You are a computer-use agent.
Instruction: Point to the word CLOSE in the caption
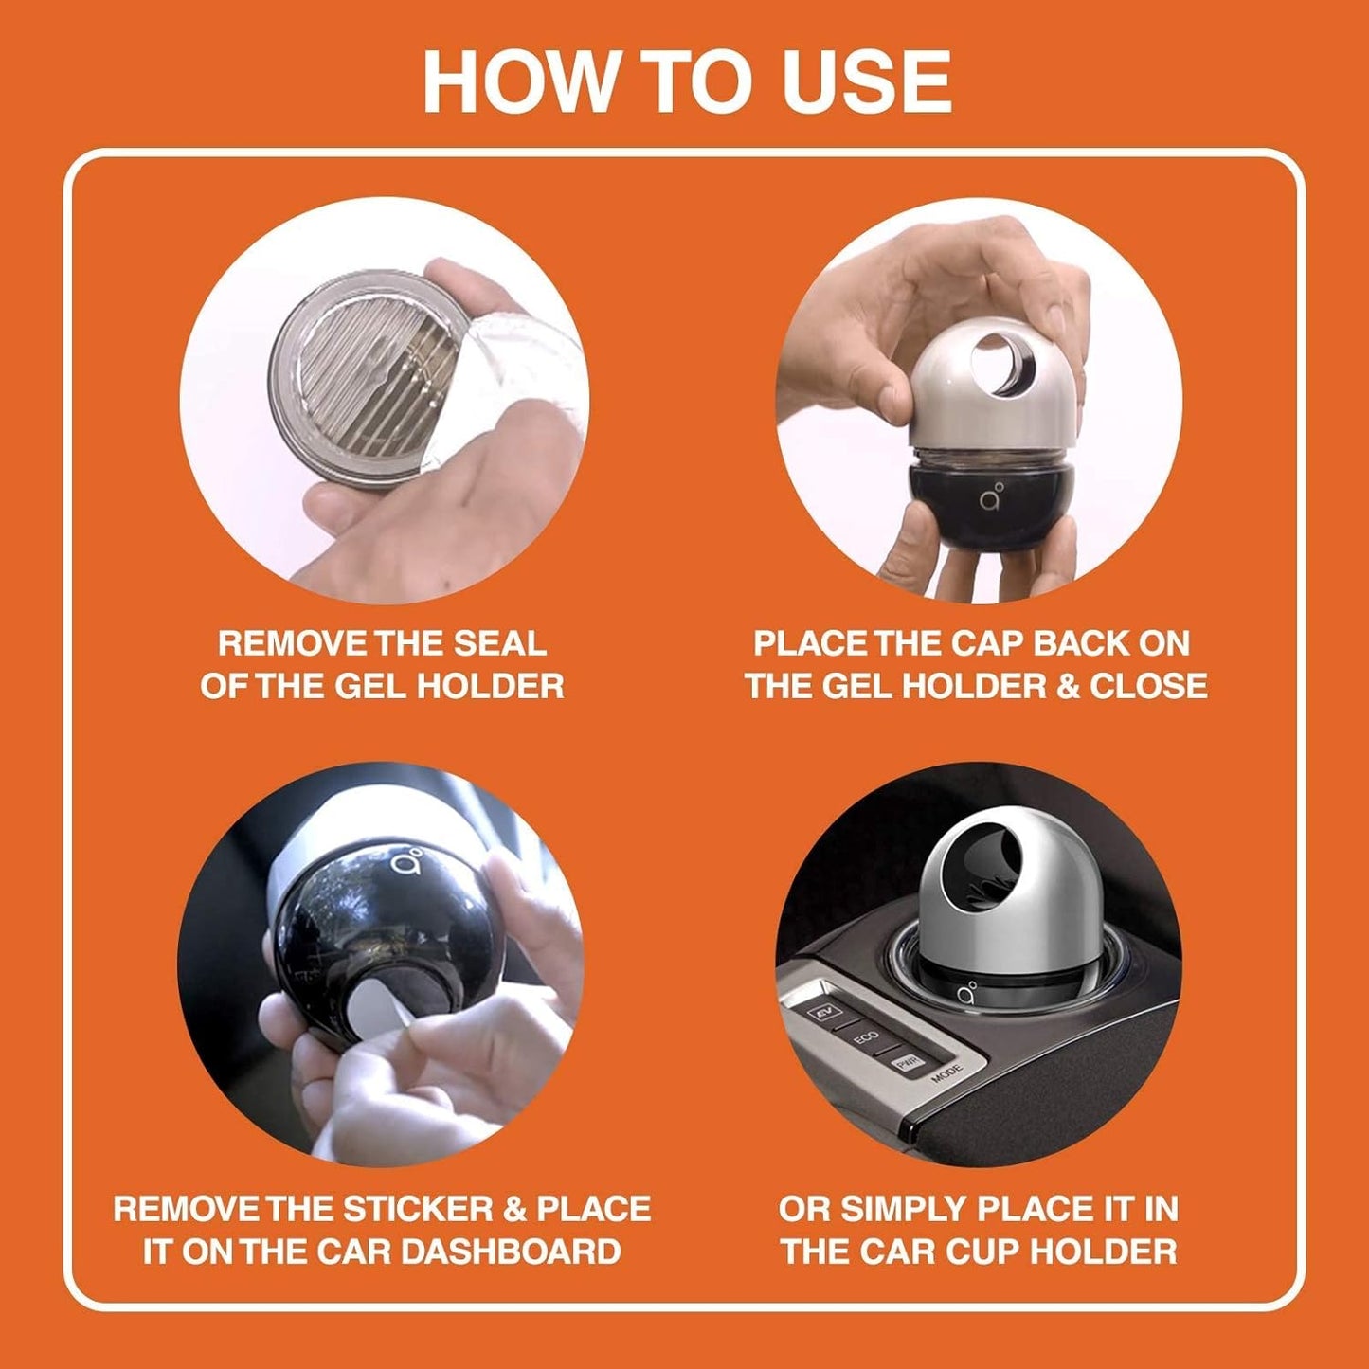tap(1148, 686)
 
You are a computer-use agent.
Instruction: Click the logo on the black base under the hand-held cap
tap(992, 498)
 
